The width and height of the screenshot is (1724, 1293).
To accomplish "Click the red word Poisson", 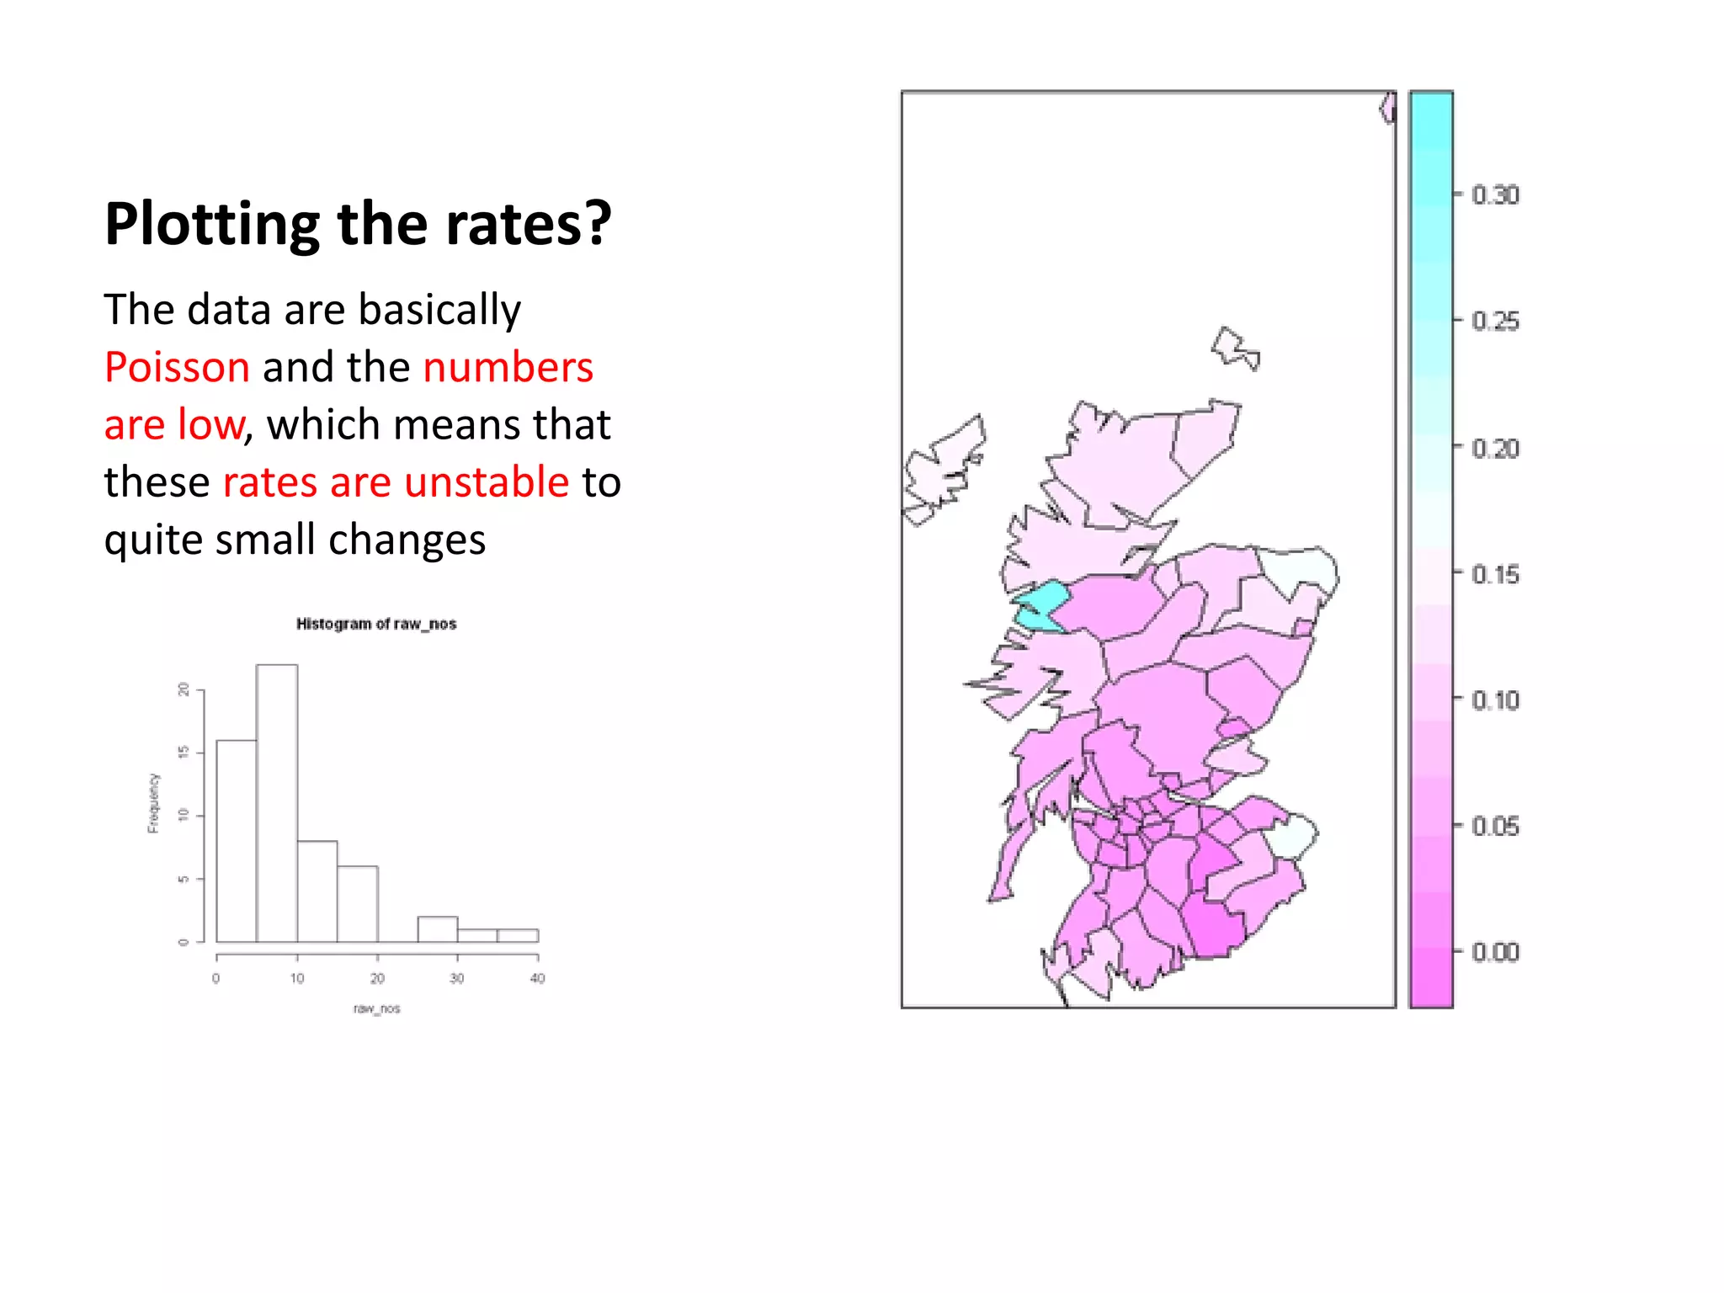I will tap(177, 368).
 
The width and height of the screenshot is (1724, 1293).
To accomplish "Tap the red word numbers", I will tap(508, 368).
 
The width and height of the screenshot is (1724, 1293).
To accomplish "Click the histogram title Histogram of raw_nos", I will tap(375, 624).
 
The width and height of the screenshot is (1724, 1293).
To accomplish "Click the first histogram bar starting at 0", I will tap(237, 842).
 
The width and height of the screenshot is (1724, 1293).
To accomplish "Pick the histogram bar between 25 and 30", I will tap(438, 929).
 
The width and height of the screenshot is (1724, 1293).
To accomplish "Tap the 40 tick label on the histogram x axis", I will tap(538, 978).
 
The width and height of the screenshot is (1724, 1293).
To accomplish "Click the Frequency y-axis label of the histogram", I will tap(153, 803).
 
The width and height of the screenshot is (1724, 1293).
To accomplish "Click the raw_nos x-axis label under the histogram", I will tap(376, 1008).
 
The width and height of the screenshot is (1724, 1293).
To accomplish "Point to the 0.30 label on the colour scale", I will tap(1495, 195).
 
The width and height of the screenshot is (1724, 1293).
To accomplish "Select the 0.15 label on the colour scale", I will tap(1495, 575).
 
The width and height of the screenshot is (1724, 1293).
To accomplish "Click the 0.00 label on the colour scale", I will tap(1495, 952).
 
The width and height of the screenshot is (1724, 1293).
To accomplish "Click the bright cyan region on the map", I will tap(1042, 604).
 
